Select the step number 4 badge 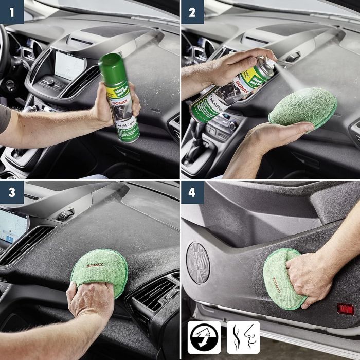coord(192,192)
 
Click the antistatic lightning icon coord(204,337)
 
